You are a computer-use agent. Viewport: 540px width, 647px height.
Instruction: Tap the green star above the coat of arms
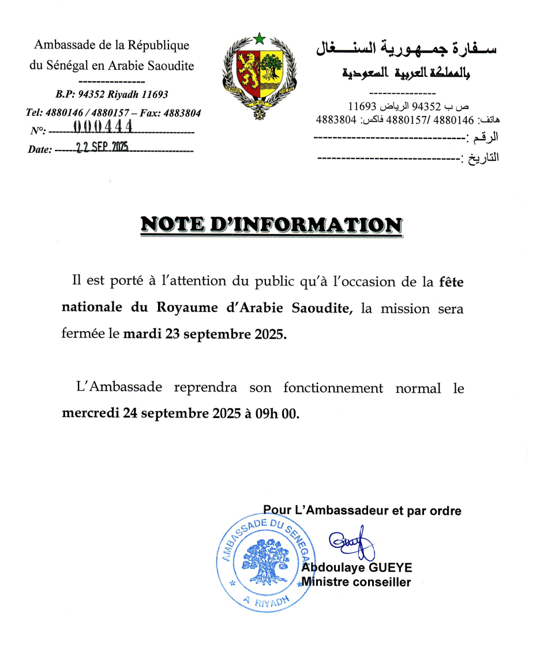click(x=258, y=39)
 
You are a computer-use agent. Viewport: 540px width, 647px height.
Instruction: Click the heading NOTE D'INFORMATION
click(x=271, y=224)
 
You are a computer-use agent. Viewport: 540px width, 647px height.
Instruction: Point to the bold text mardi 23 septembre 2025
click(x=205, y=334)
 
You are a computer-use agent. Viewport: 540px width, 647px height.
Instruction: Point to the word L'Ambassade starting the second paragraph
click(x=119, y=388)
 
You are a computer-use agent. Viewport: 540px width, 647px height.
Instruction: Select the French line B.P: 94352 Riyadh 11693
click(x=112, y=94)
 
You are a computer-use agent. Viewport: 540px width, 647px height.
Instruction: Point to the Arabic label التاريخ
click(x=482, y=157)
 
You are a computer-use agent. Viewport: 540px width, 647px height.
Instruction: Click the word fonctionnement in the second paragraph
click(x=333, y=388)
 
